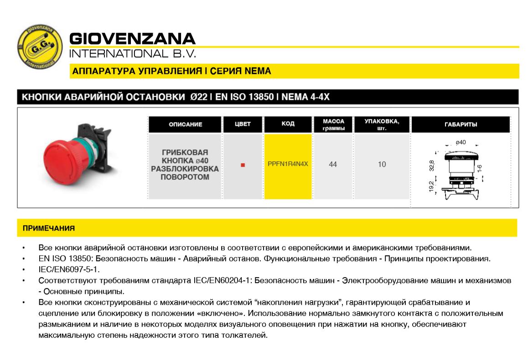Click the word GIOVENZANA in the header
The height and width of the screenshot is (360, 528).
click(x=132, y=38)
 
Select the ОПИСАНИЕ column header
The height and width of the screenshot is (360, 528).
click(x=185, y=124)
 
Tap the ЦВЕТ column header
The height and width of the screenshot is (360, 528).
click(x=243, y=124)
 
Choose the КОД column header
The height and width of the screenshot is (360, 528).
click(x=288, y=124)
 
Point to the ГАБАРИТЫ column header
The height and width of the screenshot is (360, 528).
click(x=461, y=124)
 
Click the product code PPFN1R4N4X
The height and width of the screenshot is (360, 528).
click(x=288, y=164)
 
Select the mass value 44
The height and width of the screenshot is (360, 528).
click(x=333, y=165)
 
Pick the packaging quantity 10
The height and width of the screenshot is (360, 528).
click(x=382, y=165)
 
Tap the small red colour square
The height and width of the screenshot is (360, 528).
click(x=243, y=165)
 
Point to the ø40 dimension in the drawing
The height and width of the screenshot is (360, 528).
click(x=461, y=142)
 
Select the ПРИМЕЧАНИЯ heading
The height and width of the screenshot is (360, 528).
click(x=49, y=228)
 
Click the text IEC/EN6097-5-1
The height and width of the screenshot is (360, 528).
click(x=69, y=269)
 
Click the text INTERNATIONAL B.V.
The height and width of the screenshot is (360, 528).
click(x=133, y=53)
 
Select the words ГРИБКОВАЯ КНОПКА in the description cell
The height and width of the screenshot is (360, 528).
click(x=185, y=156)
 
